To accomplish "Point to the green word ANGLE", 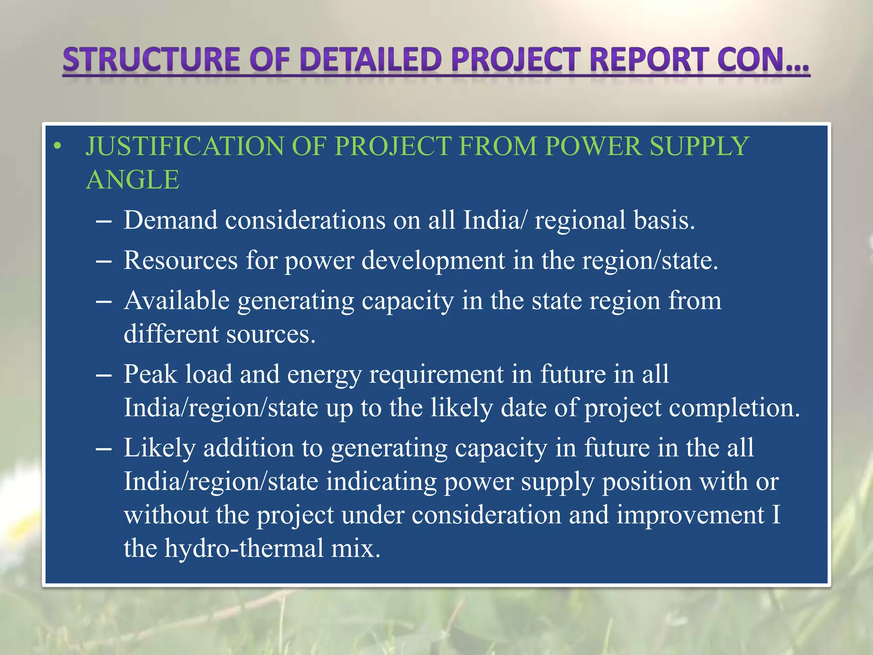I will coord(133,180).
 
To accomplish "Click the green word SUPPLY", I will coord(699,146).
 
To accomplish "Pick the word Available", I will coord(177,301).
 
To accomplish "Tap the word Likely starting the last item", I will coord(159,449).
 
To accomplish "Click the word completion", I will coord(734,408).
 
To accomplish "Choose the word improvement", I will coord(690,515).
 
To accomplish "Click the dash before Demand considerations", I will coord(104,222).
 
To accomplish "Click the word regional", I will coord(580,221).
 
